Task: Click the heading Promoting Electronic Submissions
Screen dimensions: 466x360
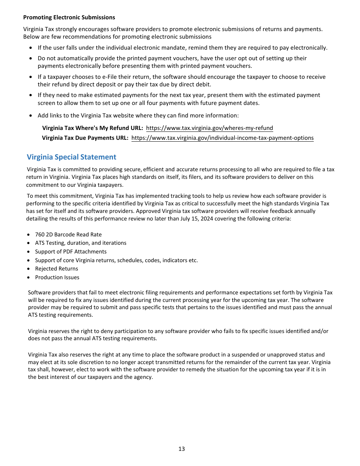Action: pos(69,17)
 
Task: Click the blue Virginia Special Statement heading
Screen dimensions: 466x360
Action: pos(71,157)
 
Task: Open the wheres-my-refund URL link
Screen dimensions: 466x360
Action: pos(209,128)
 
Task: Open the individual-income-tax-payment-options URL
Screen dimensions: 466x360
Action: pos(222,138)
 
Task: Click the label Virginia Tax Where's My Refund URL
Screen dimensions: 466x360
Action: pos(92,128)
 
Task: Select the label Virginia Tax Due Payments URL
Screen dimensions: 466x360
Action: pos(85,138)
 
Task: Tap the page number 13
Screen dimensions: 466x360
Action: pos(182,449)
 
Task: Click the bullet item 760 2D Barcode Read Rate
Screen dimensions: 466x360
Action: pos(68,235)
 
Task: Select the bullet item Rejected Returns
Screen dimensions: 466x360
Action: pos(56,269)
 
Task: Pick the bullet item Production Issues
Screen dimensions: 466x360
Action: pos(57,277)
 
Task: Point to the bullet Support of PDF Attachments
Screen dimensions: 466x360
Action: pos(71,252)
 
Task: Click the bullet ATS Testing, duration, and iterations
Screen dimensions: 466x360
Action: pos(81,243)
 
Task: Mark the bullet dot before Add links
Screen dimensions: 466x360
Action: pos(31,116)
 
